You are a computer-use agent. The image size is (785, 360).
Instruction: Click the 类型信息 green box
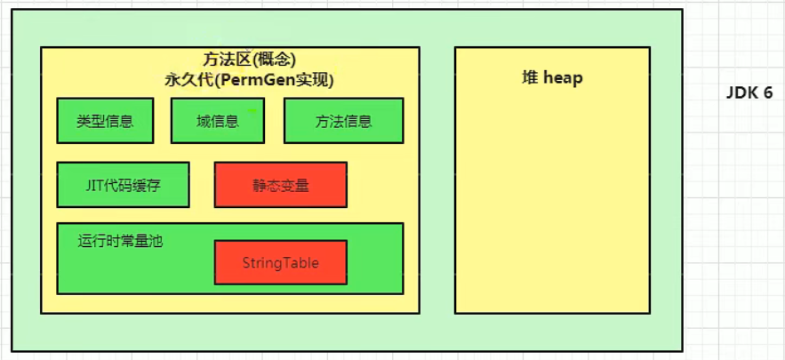pyautogui.click(x=105, y=120)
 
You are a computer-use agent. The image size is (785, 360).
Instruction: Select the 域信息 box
pyautogui.click(x=218, y=120)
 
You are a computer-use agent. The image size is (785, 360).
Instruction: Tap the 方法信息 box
pyautogui.click(x=343, y=120)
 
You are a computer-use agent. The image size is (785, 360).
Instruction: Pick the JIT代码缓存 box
pyautogui.click(x=123, y=185)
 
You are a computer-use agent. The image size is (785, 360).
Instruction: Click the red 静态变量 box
pyautogui.click(x=280, y=184)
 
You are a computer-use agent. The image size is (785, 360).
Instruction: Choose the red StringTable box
pyautogui.click(x=280, y=262)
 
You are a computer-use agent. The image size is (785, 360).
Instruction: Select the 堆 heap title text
pyautogui.click(x=552, y=78)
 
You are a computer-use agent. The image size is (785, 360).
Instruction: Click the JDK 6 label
pyautogui.click(x=749, y=93)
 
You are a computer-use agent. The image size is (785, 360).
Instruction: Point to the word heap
pyautogui.click(x=564, y=78)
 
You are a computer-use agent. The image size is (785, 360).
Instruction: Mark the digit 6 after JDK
pyautogui.click(x=766, y=93)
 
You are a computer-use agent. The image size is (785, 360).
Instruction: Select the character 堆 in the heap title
pyautogui.click(x=529, y=78)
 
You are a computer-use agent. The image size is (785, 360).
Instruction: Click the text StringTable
pyautogui.click(x=280, y=263)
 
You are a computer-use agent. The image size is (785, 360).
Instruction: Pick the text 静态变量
pyautogui.click(x=280, y=186)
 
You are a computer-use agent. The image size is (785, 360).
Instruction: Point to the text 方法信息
pyautogui.click(x=343, y=122)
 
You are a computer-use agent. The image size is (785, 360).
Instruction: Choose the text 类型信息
pyautogui.click(x=105, y=122)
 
